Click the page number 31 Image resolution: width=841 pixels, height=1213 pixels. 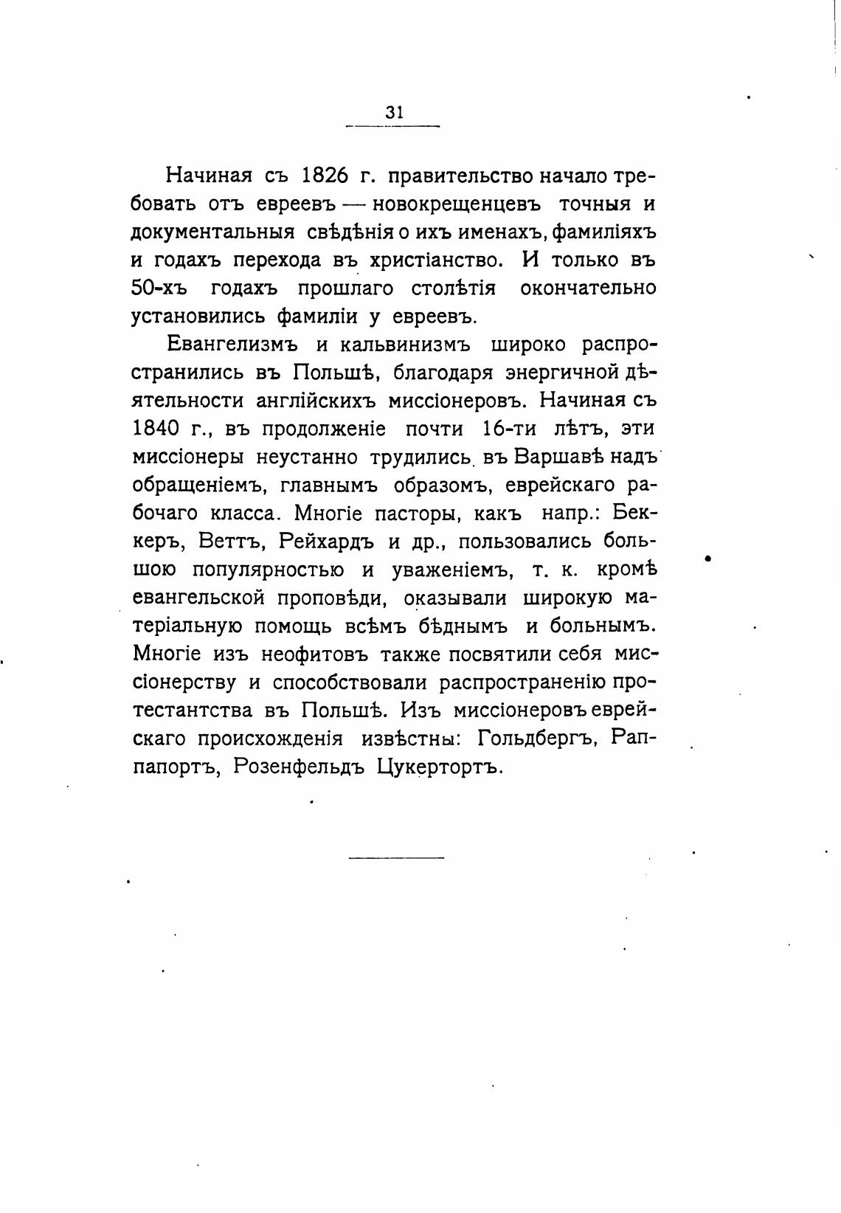pyautogui.click(x=394, y=112)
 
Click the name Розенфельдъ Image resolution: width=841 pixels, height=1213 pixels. pyautogui.click(x=299, y=766)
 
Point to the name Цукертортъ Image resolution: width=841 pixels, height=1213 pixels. pyautogui.click(x=440, y=766)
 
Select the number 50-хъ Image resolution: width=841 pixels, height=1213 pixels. pyautogui.click(x=159, y=288)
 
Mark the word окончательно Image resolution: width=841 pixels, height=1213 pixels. pyautogui.click(x=588, y=288)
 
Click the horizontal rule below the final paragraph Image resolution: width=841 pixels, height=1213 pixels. pyautogui.click(x=396, y=857)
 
